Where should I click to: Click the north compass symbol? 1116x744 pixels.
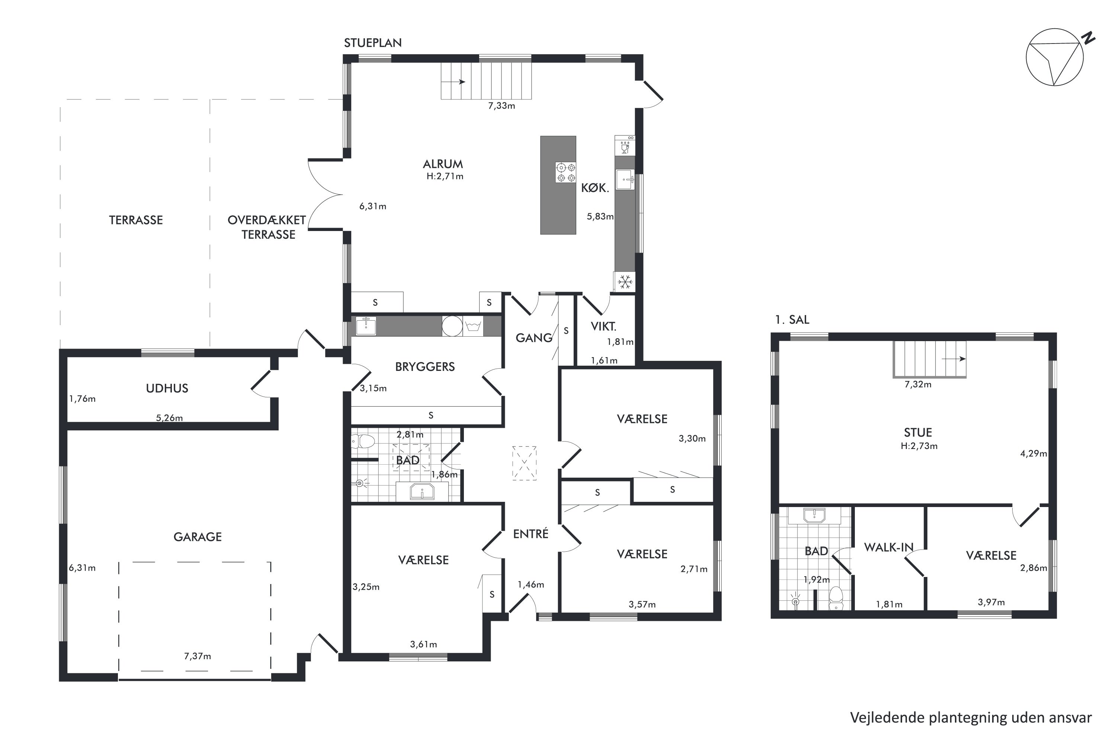click(1058, 57)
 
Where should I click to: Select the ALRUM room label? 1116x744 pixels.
click(443, 164)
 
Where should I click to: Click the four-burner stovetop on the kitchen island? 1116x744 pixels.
click(565, 172)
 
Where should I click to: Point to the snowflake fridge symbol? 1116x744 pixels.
click(625, 282)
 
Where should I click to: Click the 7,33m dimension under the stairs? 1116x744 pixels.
click(501, 106)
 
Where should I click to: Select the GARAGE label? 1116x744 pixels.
click(198, 537)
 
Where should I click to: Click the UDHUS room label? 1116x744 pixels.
click(167, 388)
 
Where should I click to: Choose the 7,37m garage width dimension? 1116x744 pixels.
click(198, 656)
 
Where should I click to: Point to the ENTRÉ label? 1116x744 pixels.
click(530, 534)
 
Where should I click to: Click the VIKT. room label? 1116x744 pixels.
click(603, 327)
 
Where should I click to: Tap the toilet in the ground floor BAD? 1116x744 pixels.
click(363, 442)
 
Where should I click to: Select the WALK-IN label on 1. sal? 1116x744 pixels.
click(889, 548)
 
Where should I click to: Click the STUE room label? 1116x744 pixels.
click(918, 432)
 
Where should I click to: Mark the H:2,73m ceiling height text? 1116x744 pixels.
click(919, 446)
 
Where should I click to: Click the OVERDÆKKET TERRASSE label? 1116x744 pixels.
click(267, 227)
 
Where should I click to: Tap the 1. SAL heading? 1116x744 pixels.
click(792, 320)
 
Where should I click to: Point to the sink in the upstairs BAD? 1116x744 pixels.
click(814, 515)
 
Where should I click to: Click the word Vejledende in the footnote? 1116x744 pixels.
click(887, 718)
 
